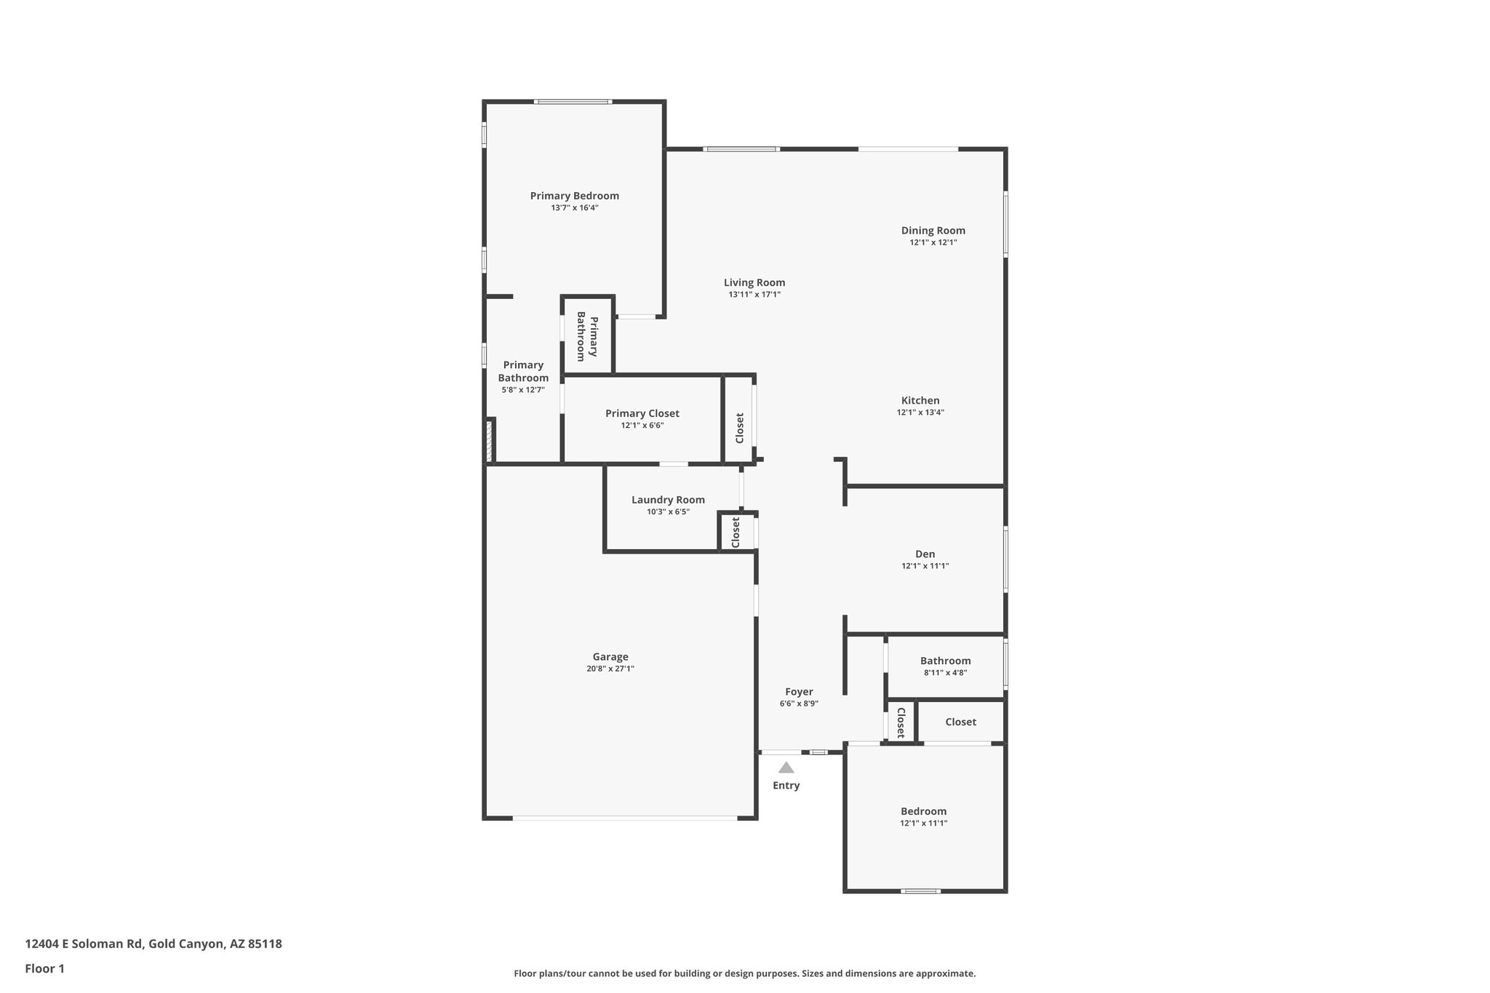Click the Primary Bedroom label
coord(574,196)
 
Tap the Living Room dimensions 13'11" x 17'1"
coord(754,295)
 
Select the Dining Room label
coord(933,231)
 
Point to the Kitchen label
coord(920,400)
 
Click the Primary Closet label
coord(642,413)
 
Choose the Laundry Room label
coord(668,500)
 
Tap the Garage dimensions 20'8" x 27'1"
coord(610,669)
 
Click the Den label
coord(925,554)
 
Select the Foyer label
coord(799,692)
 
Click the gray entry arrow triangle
coord(786,767)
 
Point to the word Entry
coord(786,786)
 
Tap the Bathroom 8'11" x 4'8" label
coord(945,661)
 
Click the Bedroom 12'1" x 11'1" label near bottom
coord(923,811)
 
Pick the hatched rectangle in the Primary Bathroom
coord(490,441)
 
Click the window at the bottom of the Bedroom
coord(920,891)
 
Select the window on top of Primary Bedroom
coord(573,102)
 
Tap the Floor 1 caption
coord(45,969)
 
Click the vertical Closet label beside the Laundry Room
coord(736,533)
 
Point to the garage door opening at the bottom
coord(624,818)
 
